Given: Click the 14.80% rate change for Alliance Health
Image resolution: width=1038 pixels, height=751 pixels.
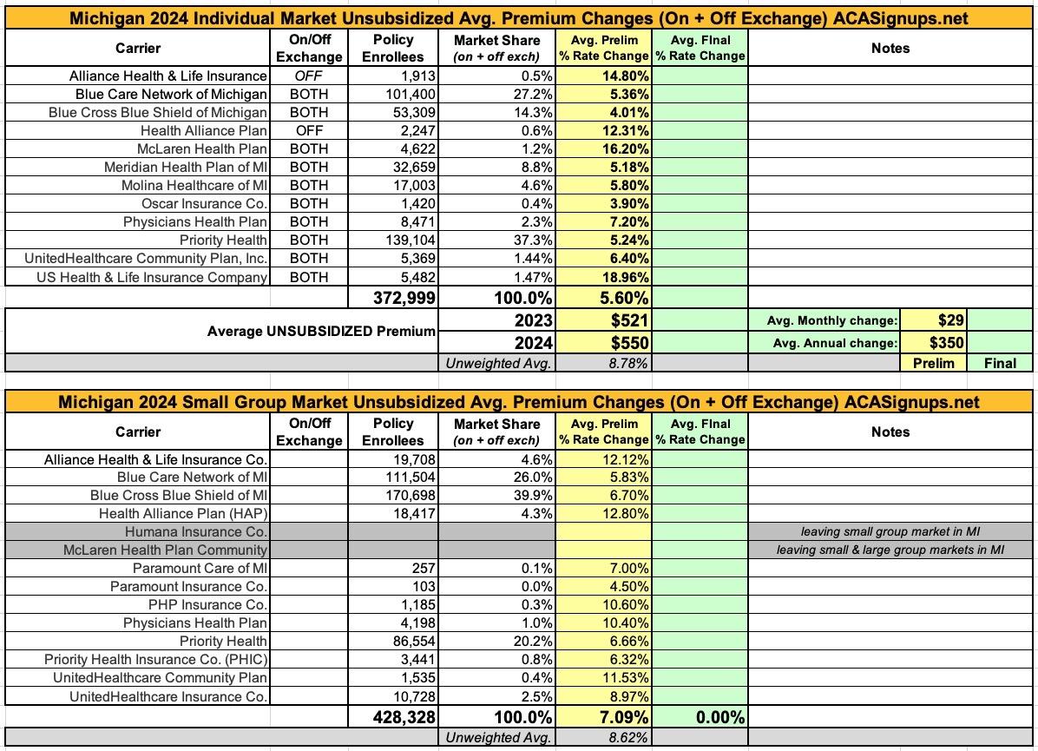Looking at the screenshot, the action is point(625,76).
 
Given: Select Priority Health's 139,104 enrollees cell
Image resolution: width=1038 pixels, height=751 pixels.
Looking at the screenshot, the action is point(410,240).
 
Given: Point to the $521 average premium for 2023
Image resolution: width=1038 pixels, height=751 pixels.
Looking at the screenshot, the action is point(629,320).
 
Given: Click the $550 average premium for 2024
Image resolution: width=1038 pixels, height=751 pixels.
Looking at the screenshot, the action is point(629,342).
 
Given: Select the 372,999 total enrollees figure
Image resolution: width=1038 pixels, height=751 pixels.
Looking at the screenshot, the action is point(404,298).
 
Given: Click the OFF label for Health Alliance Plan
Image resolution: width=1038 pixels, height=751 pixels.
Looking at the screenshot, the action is point(309,130).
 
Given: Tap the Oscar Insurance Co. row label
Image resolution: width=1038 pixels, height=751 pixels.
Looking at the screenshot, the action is point(204,203).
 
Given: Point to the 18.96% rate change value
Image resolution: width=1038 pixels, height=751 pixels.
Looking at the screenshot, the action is point(625,277).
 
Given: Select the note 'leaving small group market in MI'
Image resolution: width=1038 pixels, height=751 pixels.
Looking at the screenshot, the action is point(890,531).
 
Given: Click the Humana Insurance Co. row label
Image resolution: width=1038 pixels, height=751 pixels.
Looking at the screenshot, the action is point(196,532).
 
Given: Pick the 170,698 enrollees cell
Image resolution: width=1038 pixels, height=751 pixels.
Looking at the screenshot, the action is point(411,496).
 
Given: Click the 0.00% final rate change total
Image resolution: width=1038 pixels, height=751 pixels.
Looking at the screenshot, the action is point(720,717).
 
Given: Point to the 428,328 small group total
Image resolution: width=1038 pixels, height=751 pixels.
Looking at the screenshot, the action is point(404,717).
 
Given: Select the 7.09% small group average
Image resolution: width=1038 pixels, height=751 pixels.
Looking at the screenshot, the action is point(624,717).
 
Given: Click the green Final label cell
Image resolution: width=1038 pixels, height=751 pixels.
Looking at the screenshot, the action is point(1000,363).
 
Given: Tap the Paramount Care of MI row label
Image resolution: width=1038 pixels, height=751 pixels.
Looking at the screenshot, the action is point(200,568).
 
